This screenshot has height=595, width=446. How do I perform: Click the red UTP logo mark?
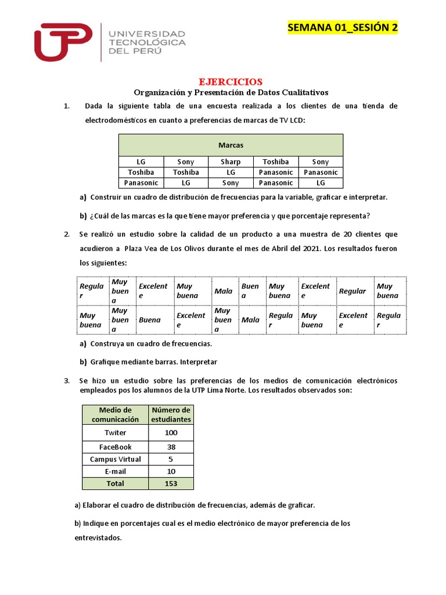click(x=63, y=42)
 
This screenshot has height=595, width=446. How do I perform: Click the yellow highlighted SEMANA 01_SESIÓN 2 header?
click(x=343, y=28)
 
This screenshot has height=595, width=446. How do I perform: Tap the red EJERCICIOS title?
click(x=231, y=82)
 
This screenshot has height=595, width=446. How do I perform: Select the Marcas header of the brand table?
click(x=231, y=145)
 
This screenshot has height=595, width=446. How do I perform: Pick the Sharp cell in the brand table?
click(x=231, y=162)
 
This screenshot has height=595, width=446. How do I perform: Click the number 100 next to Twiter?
click(x=171, y=433)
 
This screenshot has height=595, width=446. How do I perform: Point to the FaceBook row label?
click(x=115, y=447)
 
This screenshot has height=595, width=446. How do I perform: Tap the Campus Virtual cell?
click(x=115, y=459)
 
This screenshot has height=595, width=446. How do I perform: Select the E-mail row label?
click(x=115, y=471)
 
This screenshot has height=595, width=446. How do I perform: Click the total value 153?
click(x=171, y=483)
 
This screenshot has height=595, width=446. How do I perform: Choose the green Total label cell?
click(x=115, y=483)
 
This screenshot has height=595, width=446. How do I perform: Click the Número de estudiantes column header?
click(x=171, y=414)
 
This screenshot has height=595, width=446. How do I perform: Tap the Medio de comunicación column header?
click(x=115, y=414)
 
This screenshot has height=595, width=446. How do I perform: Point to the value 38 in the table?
click(x=171, y=447)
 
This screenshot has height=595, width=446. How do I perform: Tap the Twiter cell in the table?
click(x=115, y=433)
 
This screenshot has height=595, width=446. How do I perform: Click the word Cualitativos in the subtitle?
click(x=306, y=92)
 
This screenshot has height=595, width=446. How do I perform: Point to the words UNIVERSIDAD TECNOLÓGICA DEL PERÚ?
click(x=148, y=42)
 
